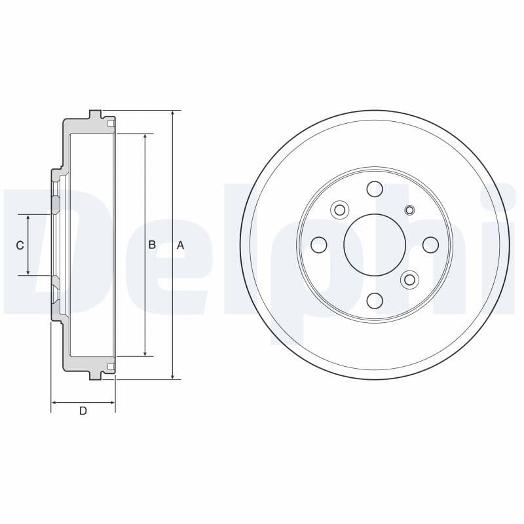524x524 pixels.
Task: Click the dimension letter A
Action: pyautogui.click(x=181, y=245)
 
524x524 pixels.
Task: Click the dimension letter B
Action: pyautogui.click(x=152, y=245)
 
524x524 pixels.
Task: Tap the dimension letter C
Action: pyautogui.click(x=20, y=245)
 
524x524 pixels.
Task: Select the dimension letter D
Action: pyautogui.click(x=83, y=411)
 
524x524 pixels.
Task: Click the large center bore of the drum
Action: pyautogui.click(x=375, y=244)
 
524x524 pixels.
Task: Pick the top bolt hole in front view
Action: pyautogui.click(x=375, y=189)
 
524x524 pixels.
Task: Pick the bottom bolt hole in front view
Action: pyautogui.click(x=375, y=301)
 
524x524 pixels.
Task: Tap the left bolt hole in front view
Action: pyautogui.click(x=319, y=245)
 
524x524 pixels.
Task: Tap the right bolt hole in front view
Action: pyautogui.click(x=430, y=244)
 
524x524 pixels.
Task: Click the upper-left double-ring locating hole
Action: pyautogui.click(x=339, y=210)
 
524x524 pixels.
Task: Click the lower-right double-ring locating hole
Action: pyautogui.click(x=410, y=280)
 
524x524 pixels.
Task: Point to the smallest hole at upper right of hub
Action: pyautogui.click(x=410, y=210)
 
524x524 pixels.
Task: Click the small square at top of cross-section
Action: pyautogui.click(x=111, y=123)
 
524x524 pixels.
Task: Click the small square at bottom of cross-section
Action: pyautogui.click(x=111, y=366)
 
